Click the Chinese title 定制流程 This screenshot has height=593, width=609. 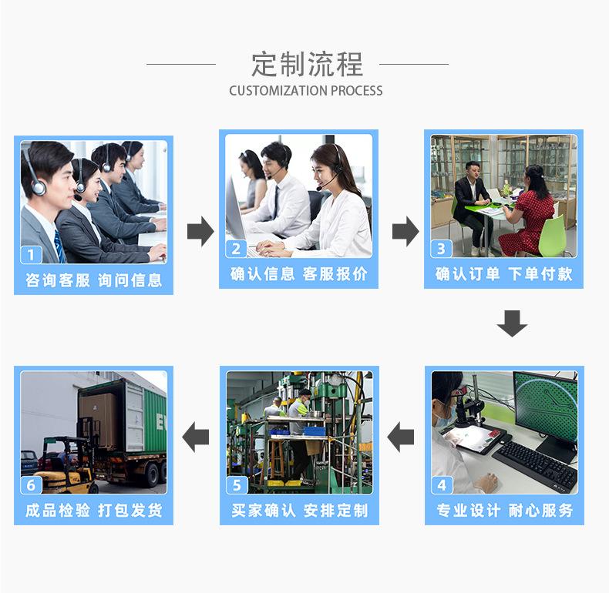click(306, 64)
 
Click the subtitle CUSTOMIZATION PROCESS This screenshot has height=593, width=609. click(305, 91)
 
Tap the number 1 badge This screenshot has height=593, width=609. click(31, 254)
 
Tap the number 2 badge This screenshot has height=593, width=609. click(237, 248)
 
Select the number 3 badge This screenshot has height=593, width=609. click(441, 248)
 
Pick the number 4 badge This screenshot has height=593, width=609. click(442, 484)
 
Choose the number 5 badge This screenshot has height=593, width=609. click(237, 485)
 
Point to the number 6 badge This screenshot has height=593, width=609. click(31, 485)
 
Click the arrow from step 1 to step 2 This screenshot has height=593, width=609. click(200, 231)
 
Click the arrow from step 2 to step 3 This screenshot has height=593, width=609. click(405, 231)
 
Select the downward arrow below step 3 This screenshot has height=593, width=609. click(512, 323)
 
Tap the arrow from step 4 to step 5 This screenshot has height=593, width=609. click(401, 438)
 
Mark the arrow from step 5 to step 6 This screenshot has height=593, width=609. click(196, 438)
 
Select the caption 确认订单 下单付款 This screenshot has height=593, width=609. click(503, 274)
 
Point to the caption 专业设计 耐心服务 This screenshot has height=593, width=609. click(504, 511)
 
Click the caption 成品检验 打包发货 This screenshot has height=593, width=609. click(93, 511)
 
